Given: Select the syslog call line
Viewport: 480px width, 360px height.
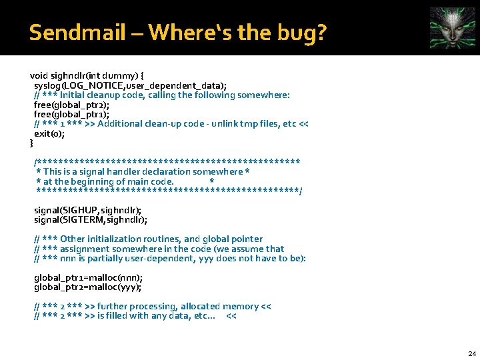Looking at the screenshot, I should tap(130, 85).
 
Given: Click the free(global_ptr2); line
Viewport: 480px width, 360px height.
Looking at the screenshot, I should tap(71, 105).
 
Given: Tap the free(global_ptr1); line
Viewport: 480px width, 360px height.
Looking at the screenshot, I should tap(71, 114).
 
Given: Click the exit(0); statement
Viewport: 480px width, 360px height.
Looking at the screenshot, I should tap(49, 133).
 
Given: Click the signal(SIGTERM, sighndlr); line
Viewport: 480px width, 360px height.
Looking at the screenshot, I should tap(91, 219).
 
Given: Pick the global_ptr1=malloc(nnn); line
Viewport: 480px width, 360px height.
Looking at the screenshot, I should tap(88, 277).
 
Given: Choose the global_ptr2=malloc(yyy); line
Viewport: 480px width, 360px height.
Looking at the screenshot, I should tap(88, 287).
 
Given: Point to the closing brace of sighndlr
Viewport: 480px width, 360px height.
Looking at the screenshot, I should tap(31, 143).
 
